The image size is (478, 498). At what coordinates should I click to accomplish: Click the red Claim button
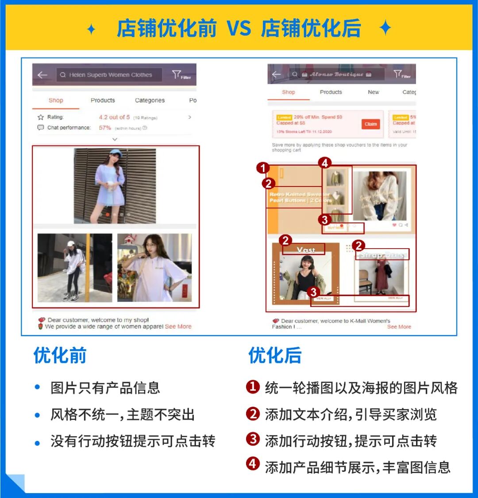point(371,124)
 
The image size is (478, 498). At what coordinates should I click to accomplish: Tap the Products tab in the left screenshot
point(103,101)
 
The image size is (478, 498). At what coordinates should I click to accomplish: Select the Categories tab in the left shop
point(150,101)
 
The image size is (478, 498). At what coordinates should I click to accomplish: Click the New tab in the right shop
point(373,92)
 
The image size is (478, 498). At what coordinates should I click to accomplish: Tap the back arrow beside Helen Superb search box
point(42,75)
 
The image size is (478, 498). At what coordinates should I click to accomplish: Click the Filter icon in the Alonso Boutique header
point(400,74)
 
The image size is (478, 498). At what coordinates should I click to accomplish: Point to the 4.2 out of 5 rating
point(114,117)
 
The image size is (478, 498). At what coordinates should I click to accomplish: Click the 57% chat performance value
point(105,128)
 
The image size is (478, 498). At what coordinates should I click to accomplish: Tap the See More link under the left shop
point(178,327)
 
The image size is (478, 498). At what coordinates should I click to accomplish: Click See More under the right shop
point(399,327)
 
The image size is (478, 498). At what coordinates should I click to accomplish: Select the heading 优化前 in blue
point(60,355)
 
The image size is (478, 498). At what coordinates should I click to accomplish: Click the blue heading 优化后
point(274,355)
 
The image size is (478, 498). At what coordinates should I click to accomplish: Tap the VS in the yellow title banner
point(239,29)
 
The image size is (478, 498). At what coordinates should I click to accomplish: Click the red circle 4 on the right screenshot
point(325,163)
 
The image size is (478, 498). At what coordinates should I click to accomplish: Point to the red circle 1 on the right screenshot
point(263,168)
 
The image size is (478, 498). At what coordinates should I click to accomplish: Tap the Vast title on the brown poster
point(306,250)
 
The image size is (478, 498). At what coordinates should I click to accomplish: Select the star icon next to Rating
point(41,117)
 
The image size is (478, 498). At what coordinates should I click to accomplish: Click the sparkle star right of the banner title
point(385,29)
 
